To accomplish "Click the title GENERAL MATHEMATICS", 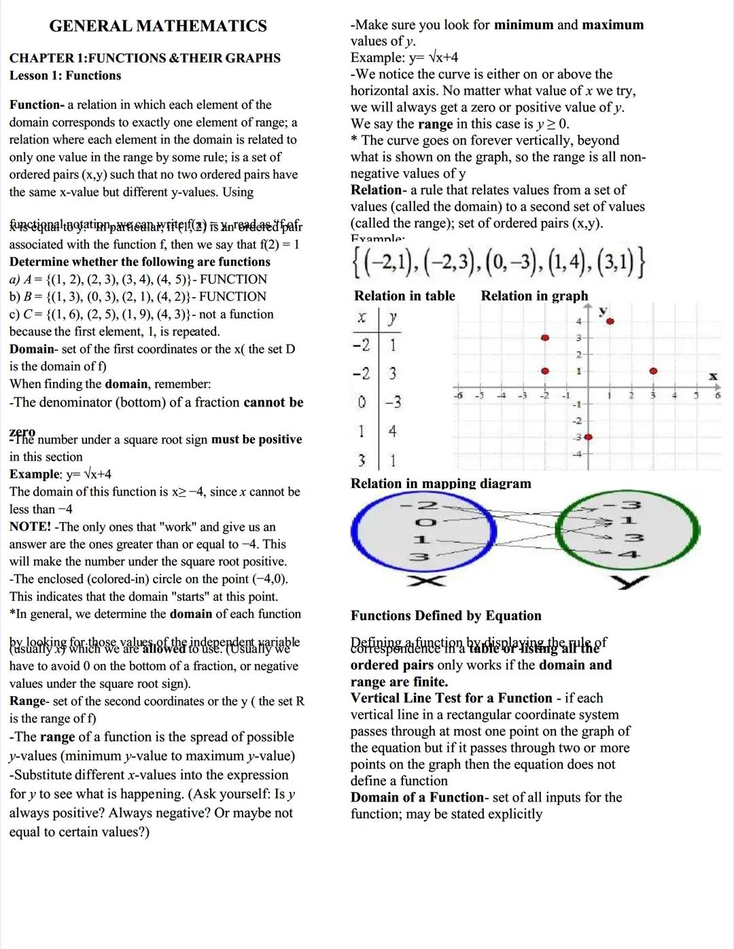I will tap(158, 27).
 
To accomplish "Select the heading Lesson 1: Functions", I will tap(65, 75).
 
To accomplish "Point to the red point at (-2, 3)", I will tap(544, 338).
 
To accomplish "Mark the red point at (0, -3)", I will tap(588, 436).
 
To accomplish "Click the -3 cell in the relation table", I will tap(393, 402).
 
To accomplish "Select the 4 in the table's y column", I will tap(392, 432).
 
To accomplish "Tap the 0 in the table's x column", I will tap(362, 402).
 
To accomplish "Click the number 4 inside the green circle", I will tap(629, 554).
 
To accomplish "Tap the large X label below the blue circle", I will tap(426, 580).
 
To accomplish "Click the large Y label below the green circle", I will tap(629, 582).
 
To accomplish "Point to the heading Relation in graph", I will tap(534, 296).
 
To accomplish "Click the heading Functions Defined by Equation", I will tap(446, 616).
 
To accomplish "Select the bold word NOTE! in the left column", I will tap(30, 527).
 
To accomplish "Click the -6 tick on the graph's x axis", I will tap(458, 395).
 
